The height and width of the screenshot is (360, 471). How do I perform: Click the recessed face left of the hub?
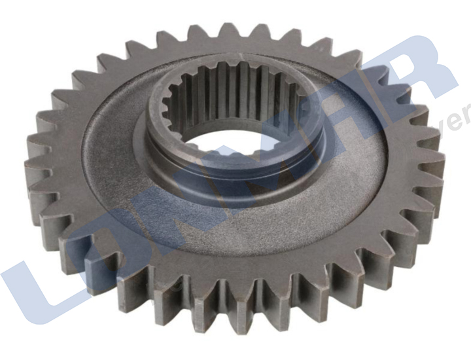point(111,151)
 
